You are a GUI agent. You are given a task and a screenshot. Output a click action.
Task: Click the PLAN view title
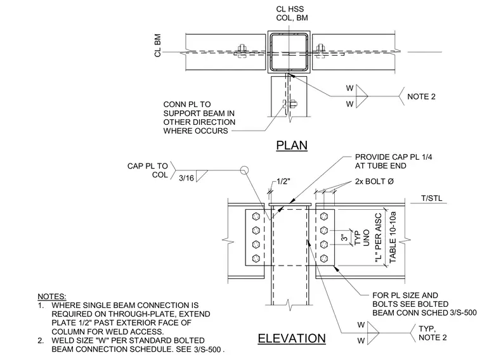click(x=292, y=145)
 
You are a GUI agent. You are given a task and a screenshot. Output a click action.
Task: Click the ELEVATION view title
click(x=292, y=338)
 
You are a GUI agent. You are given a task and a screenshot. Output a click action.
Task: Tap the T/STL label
click(x=432, y=198)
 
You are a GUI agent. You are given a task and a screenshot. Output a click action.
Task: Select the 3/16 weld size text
click(x=186, y=178)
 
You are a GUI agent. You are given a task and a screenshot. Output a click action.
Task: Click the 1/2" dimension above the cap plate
click(x=283, y=181)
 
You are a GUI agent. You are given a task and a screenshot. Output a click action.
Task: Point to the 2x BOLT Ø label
click(x=374, y=181)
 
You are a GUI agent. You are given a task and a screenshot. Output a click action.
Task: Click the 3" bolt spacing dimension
click(x=344, y=238)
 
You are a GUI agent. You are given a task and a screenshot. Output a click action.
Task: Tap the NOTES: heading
click(x=51, y=297)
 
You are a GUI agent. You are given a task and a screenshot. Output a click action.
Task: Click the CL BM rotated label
click(x=158, y=46)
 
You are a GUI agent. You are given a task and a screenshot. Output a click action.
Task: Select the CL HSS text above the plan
click(x=290, y=10)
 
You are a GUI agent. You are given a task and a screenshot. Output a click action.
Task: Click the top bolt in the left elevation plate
click(x=256, y=216)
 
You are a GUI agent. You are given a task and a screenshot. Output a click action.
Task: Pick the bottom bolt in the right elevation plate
click(x=323, y=259)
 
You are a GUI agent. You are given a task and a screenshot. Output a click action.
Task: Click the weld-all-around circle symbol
click(x=244, y=170)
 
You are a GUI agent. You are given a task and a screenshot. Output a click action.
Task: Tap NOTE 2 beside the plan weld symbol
click(x=421, y=97)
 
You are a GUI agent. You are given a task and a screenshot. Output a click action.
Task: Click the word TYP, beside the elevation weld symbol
click(x=427, y=329)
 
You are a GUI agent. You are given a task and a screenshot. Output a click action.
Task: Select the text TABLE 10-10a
click(x=393, y=237)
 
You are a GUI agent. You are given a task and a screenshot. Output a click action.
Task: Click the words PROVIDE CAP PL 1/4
click(x=393, y=157)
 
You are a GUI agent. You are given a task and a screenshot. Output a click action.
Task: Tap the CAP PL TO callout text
click(x=148, y=166)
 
